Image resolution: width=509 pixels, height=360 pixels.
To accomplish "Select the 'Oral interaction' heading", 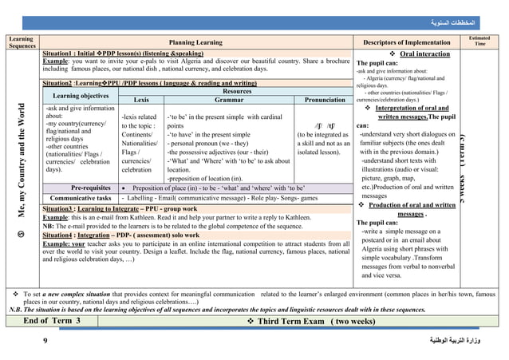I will click(x=411, y=53).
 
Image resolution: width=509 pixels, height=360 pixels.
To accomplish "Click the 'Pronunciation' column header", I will click(x=324, y=100).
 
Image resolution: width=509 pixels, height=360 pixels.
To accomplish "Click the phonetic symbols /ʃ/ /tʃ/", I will click(x=325, y=125).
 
